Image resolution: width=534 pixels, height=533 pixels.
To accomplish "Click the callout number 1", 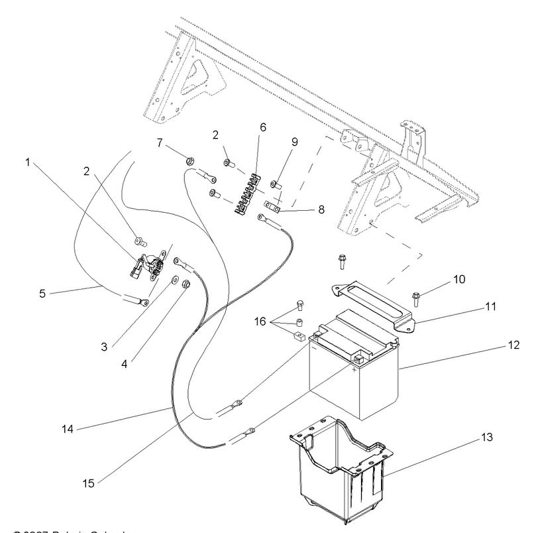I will [28, 161].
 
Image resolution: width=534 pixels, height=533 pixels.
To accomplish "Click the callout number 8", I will [321, 209].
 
